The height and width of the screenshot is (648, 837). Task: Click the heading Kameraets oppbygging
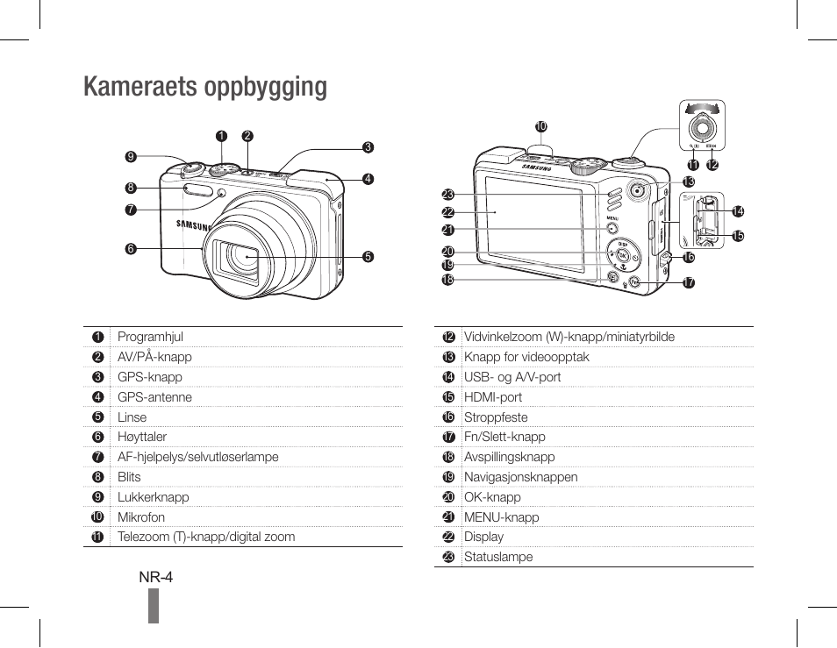point(205,87)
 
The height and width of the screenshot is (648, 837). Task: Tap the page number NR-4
point(155,577)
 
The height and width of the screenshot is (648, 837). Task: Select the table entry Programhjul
point(150,337)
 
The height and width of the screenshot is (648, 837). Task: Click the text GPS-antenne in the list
point(154,397)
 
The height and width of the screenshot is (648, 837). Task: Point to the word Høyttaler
point(142,437)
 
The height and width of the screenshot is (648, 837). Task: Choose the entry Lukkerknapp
point(154,497)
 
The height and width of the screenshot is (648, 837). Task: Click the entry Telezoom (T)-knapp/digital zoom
point(206,537)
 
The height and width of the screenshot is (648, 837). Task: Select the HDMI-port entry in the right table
point(493,397)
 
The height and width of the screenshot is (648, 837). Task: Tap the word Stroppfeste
point(496,417)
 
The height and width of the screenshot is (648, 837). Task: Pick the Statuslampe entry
point(498,557)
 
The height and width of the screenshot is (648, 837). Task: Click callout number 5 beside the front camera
point(368,257)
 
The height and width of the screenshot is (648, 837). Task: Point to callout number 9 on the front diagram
point(131,157)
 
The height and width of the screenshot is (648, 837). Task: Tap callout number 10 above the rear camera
point(541,127)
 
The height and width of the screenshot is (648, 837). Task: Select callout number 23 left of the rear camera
point(447,195)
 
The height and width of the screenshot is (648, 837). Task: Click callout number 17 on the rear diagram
point(689,283)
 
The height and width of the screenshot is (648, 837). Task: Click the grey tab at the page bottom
point(154,605)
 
